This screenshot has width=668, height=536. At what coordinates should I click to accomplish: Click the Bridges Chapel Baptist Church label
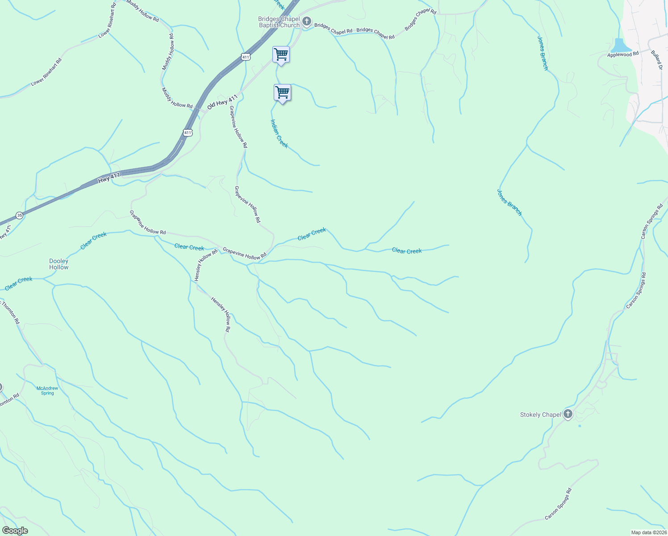click(279, 22)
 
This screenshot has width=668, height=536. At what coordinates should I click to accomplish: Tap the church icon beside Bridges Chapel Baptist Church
click(307, 21)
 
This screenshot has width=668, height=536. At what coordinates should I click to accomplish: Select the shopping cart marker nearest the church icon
click(281, 55)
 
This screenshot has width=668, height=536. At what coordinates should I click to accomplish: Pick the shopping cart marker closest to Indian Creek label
click(282, 93)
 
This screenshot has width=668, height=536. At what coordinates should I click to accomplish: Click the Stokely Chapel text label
click(540, 415)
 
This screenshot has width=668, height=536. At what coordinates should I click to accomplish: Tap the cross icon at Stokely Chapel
click(568, 414)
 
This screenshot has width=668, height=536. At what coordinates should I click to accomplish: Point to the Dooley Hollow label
click(59, 264)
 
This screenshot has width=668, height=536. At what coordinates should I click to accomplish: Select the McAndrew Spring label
click(47, 391)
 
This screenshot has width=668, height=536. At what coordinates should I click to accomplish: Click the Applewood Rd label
click(623, 54)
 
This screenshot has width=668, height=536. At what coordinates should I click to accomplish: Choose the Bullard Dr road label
click(656, 60)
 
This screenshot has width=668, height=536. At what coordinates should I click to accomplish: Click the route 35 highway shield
click(19, 215)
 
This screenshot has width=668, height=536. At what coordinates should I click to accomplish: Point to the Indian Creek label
click(280, 133)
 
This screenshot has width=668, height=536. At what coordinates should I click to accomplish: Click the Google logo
click(15, 531)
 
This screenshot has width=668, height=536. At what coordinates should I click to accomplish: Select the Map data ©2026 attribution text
click(648, 532)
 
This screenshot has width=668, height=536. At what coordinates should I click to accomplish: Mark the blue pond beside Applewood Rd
click(621, 46)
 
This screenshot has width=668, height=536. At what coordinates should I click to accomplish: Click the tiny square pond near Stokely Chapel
click(580, 426)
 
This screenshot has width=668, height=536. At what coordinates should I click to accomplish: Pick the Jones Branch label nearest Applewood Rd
click(543, 53)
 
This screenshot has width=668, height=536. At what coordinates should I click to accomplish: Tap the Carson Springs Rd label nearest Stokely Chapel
click(635, 290)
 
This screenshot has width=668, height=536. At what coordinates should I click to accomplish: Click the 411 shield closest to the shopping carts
click(246, 57)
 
